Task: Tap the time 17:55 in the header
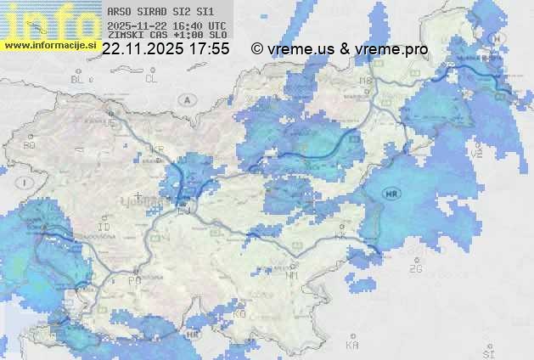(209, 49)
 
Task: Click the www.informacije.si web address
(49, 44)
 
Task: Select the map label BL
(78, 79)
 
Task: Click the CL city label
(151, 79)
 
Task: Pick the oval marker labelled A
(185, 99)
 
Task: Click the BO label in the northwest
(29, 145)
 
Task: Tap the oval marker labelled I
(26, 182)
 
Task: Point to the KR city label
(157, 149)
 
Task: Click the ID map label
(104, 228)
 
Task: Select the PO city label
(133, 279)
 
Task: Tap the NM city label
(293, 275)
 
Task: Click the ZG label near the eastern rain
(416, 269)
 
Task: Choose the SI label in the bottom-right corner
(487, 351)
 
